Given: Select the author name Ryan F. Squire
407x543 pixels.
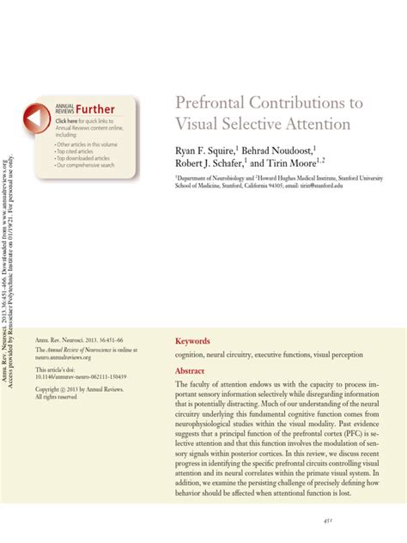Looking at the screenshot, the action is click(x=205, y=151).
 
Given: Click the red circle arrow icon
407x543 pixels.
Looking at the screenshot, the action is click(x=39, y=119).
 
